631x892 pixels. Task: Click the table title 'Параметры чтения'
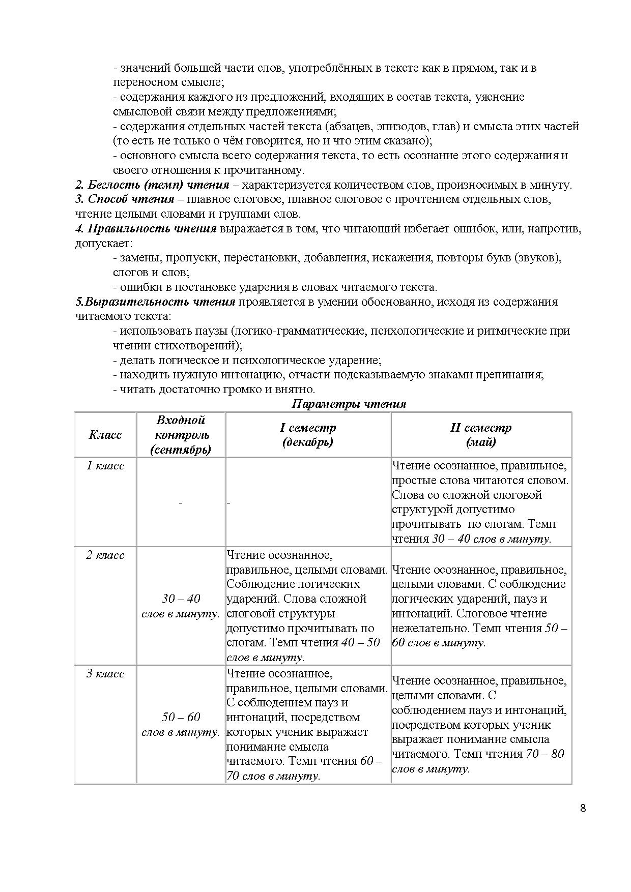[349, 404]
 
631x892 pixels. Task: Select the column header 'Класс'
[105, 435]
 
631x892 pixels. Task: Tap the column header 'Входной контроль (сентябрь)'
[181, 435]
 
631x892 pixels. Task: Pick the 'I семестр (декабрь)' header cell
[308, 435]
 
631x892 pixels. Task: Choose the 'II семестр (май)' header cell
[481, 435]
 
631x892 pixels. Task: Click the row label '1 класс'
[105, 466]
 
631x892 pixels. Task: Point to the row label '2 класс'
[105, 555]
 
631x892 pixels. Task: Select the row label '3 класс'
[105, 673]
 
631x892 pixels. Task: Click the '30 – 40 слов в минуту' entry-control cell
[181, 606]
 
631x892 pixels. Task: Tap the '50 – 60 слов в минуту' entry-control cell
[181, 724]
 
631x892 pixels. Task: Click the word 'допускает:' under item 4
[104, 243]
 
